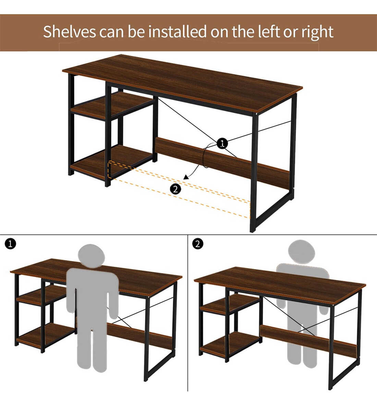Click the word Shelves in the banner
click(x=70, y=31)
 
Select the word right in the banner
click(x=317, y=32)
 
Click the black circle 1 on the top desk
click(x=222, y=143)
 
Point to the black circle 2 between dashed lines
click(x=175, y=189)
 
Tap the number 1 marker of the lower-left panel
click(x=10, y=244)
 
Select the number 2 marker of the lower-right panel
click(x=198, y=244)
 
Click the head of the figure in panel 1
click(x=92, y=256)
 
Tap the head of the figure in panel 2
click(x=302, y=252)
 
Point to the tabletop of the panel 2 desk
click(x=280, y=285)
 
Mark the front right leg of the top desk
click(x=254, y=173)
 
